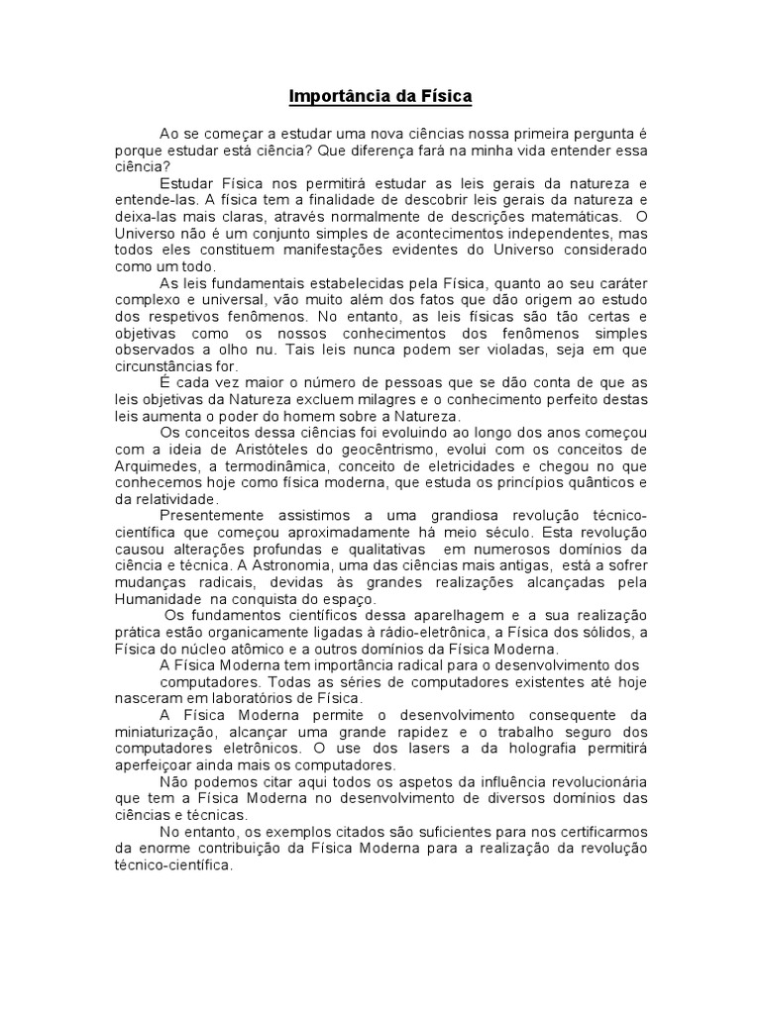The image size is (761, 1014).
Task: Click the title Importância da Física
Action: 380,96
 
